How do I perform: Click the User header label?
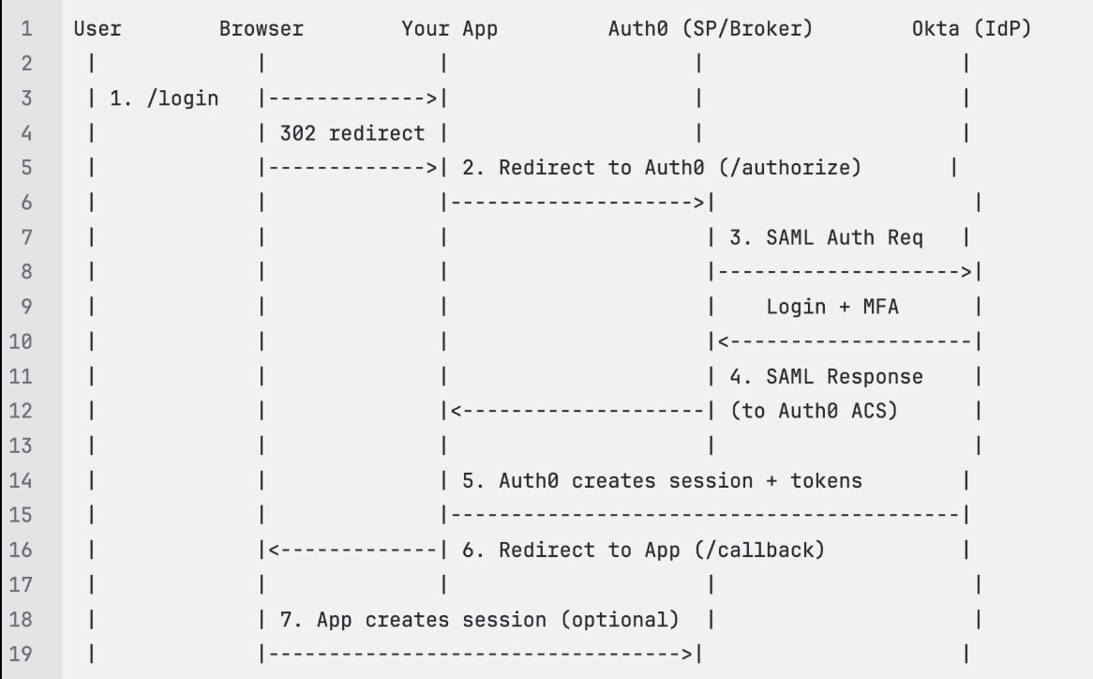click(97, 29)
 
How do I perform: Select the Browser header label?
click(262, 29)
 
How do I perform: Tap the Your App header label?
click(449, 29)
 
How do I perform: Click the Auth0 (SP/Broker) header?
click(711, 29)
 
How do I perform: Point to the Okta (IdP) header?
click(971, 29)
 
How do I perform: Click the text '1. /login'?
click(164, 98)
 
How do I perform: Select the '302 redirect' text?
click(352, 133)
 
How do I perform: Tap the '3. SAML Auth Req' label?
click(826, 237)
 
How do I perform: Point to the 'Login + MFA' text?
click(832, 307)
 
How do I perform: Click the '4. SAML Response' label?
click(826, 376)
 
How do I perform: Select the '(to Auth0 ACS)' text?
click(814, 411)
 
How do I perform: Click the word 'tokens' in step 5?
click(826, 480)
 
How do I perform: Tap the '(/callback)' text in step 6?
click(760, 550)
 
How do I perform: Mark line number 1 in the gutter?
click(26, 29)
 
